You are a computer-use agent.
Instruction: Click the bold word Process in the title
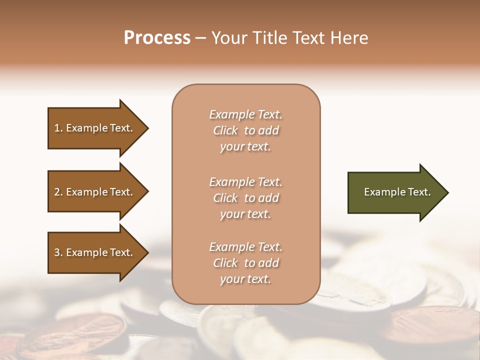(157, 37)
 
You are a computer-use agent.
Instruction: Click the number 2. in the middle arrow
(58, 192)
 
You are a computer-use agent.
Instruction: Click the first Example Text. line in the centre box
(245, 114)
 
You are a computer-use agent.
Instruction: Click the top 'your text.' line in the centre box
(245, 146)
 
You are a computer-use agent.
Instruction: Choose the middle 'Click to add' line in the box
(245, 198)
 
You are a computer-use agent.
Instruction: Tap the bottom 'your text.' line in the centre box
(245, 279)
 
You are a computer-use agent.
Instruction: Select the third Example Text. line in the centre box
(245, 247)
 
